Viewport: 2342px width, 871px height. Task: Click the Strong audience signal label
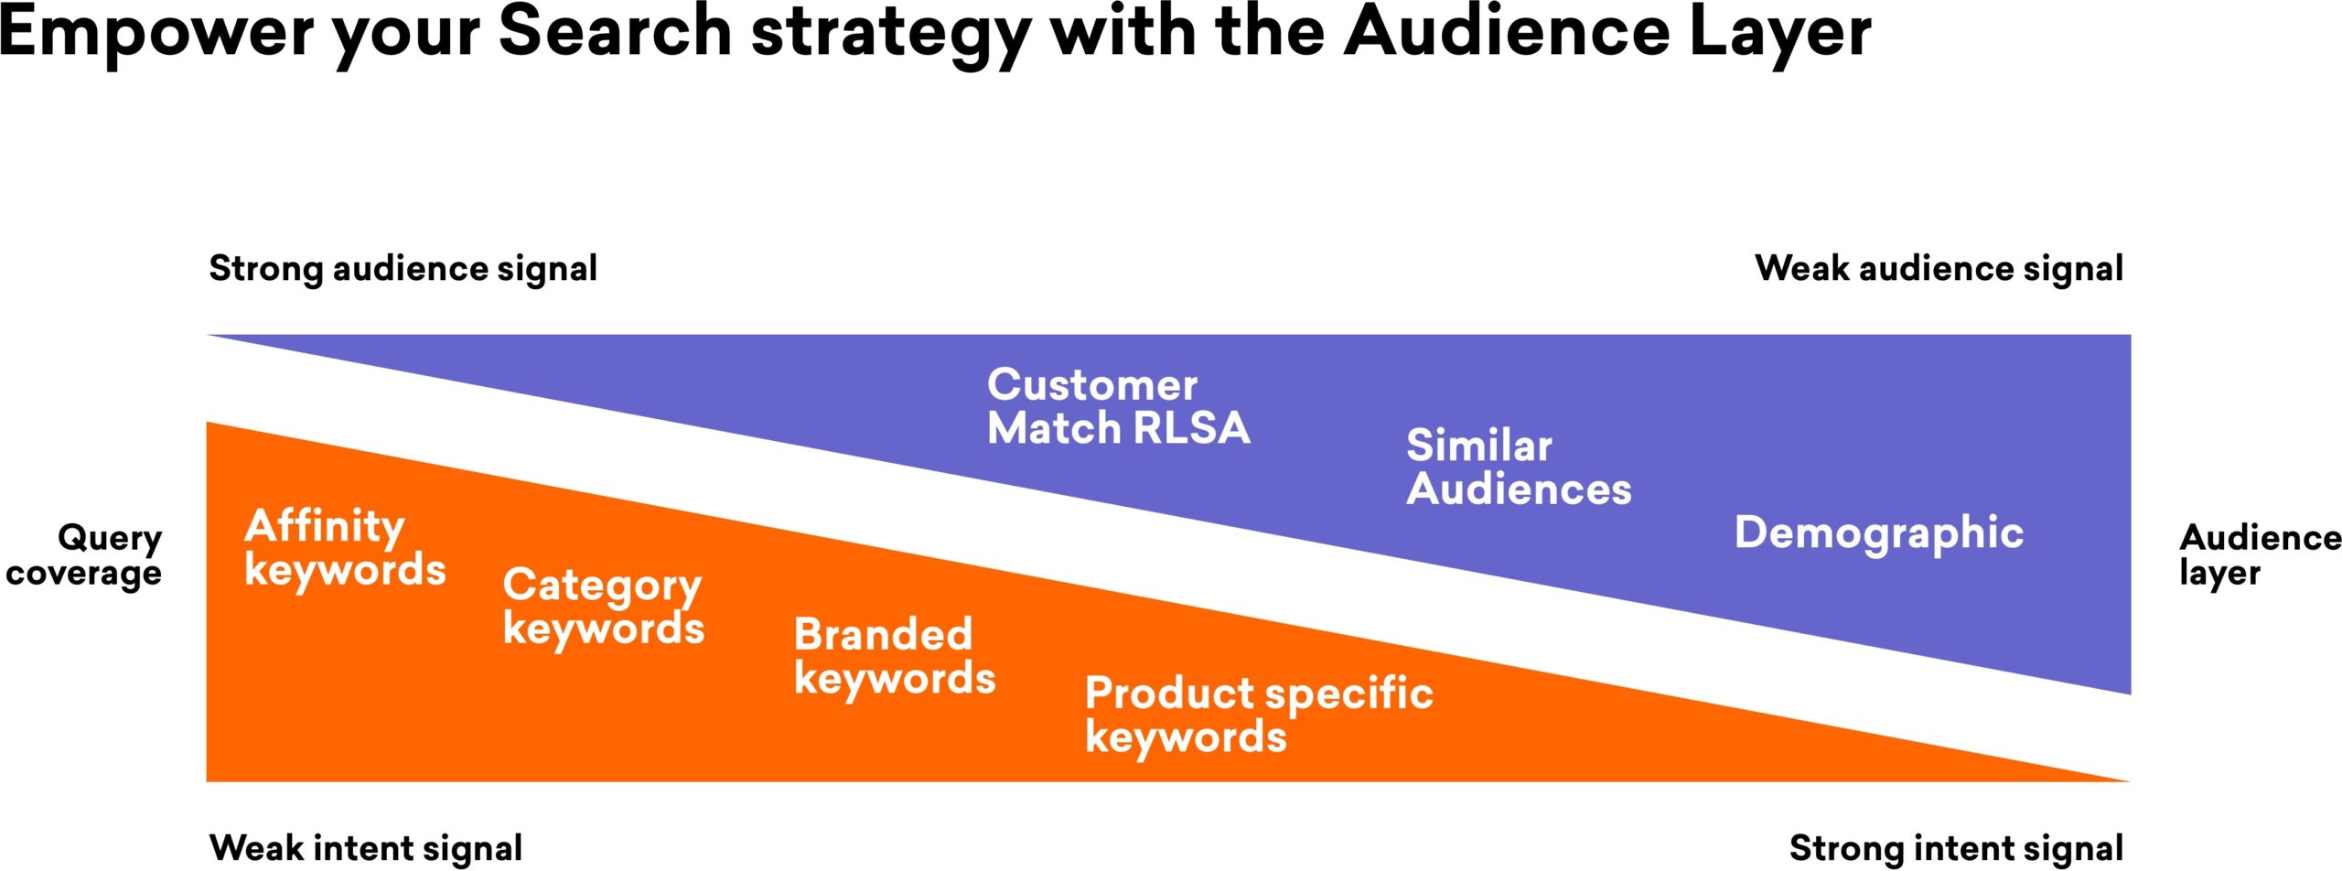point(403,269)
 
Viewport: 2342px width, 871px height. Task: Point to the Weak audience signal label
point(1939,269)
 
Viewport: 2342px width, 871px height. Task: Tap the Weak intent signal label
point(366,848)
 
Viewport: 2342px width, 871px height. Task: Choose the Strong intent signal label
point(1956,848)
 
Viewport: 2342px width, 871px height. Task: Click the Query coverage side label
point(84,555)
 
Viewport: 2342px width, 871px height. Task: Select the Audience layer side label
point(2261,555)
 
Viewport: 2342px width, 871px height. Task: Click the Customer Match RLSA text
point(1119,406)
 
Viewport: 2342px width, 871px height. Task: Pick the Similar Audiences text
point(1519,468)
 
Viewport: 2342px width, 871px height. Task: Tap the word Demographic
point(1879,533)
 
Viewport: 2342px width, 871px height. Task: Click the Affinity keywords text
point(345,547)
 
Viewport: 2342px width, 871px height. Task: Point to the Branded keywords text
point(895,657)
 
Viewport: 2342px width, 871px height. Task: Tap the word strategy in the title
point(891,36)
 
